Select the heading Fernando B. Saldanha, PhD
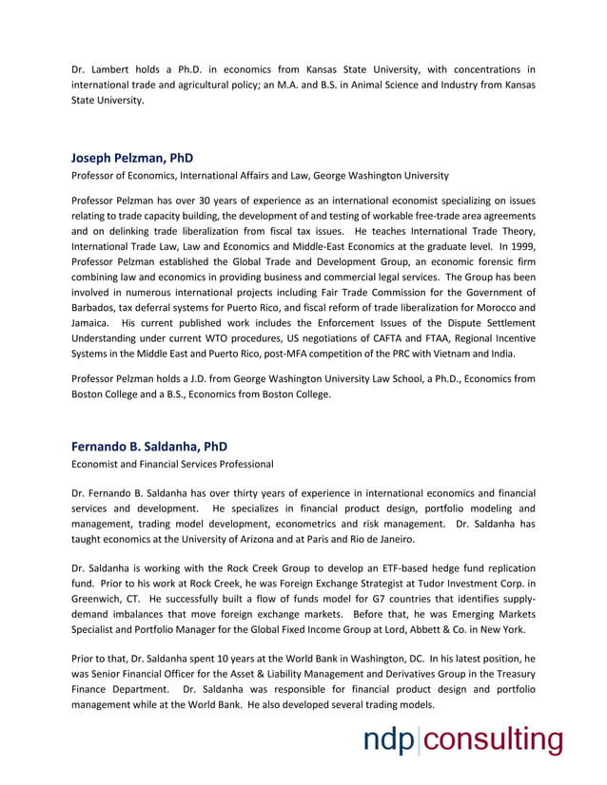coord(149,446)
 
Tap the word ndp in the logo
coord(389,740)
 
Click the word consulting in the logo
coord(492,740)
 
